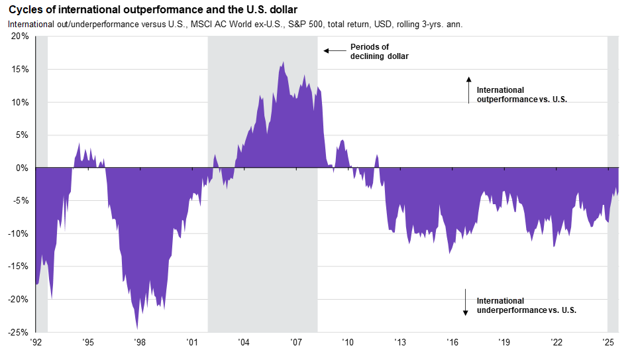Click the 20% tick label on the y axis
(x=20, y=36)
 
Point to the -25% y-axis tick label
(x=19, y=331)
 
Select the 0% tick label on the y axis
(x=22, y=168)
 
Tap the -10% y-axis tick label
(x=19, y=233)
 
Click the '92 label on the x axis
(x=36, y=343)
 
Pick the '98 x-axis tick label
(x=140, y=343)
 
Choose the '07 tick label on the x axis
(x=296, y=343)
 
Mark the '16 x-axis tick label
(x=452, y=343)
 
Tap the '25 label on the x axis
(x=608, y=343)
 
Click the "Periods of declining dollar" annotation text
(x=379, y=52)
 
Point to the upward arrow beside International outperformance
(x=468, y=90)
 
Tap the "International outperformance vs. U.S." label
(x=522, y=94)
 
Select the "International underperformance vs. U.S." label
(x=526, y=306)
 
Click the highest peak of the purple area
(x=283, y=62)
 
